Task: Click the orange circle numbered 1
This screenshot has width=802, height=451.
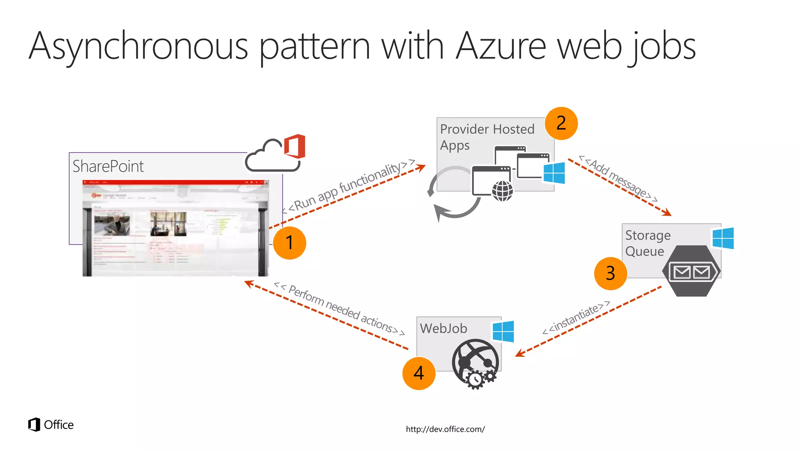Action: (x=289, y=243)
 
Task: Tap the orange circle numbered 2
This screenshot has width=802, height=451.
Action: (x=561, y=123)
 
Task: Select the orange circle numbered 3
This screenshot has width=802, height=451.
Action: (x=610, y=273)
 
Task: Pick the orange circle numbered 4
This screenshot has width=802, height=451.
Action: (x=419, y=373)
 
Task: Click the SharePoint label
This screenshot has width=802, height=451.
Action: (x=108, y=166)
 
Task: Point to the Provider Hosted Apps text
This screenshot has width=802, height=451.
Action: (x=487, y=137)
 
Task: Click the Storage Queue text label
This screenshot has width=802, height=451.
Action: (x=647, y=243)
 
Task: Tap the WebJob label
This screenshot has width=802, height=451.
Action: (x=443, y=328)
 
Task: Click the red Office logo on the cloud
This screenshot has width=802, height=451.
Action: (x=295, y=146)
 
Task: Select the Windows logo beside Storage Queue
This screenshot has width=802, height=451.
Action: (x=723, y=238)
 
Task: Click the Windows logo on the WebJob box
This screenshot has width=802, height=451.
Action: (x=503, y=331)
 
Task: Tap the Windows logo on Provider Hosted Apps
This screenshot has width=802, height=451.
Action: (x=554, y=173)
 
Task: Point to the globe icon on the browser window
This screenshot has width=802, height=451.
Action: (x=502, y=191)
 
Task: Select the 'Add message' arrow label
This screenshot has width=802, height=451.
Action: (x=619, y=179)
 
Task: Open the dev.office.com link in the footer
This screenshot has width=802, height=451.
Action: (x=445, y=429)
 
